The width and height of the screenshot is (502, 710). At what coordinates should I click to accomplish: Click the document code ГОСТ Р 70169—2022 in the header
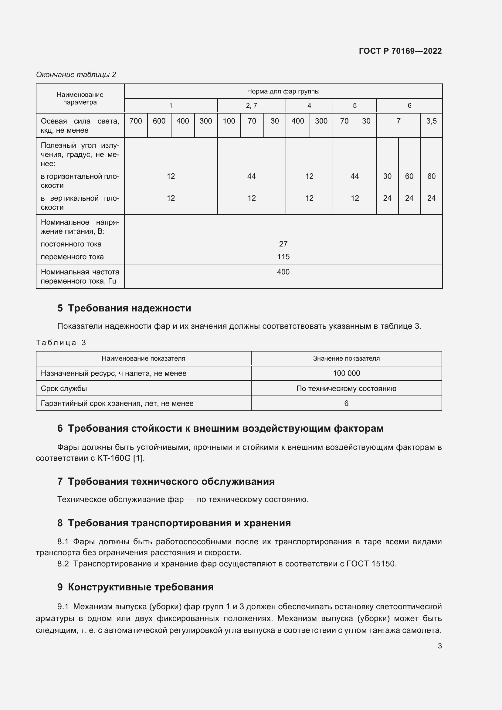click(x=400, y=51)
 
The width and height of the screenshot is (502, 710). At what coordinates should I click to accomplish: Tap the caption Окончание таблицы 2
click(x=76, y=75)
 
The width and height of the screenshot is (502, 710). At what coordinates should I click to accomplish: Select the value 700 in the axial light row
click(x=135, y=121)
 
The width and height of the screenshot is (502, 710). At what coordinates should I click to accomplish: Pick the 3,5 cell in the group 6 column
click(x=431, y=121)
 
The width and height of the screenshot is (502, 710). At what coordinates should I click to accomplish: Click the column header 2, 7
click(x=251, y=105)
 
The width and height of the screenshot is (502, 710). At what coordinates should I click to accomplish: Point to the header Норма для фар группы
click(x=283, y=91)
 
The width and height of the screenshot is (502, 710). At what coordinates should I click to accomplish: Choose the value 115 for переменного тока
click(x=283, y=257)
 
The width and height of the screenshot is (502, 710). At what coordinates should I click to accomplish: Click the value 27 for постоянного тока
click(x=283, y=244)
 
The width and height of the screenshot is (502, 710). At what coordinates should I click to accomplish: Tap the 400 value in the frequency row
click(x=283, y=272)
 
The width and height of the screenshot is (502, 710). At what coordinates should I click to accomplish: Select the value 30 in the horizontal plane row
click(x=387, y=176)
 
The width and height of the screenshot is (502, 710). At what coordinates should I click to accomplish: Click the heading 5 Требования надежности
click(x=124, y=308)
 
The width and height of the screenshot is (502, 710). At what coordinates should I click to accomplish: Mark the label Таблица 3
click(x=61, y=343)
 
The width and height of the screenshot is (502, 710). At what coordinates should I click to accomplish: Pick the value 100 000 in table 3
click(x=346, y=373)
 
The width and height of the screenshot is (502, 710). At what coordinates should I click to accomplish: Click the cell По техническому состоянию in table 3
click(x=346, y=389)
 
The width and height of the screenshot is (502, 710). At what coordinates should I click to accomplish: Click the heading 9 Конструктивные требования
click(x=135, y=587)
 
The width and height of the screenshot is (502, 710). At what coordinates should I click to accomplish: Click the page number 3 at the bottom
click(x=439, y=646)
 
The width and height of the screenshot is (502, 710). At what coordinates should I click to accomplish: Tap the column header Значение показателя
click(x=346, y=358)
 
